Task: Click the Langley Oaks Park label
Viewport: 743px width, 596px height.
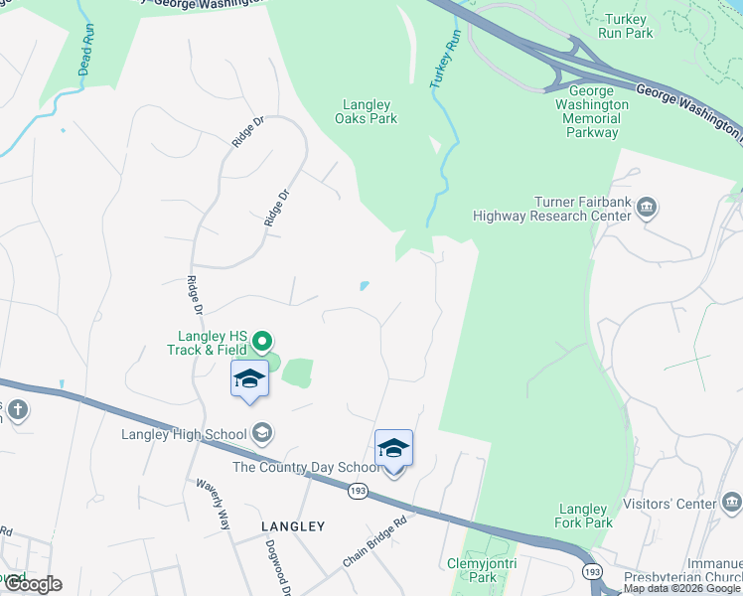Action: coord(370,111)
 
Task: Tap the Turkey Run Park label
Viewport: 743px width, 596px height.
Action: coord(625,25)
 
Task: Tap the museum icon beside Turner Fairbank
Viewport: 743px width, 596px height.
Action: coord(647,208)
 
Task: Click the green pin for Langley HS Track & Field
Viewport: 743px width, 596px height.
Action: coord(262,342)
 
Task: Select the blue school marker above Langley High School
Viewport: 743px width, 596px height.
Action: coord(249,379)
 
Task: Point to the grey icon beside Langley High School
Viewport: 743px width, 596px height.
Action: coord(262,432)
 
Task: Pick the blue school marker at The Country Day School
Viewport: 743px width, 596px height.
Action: coord(393,449)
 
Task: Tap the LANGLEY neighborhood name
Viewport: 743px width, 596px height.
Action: coord(293,524)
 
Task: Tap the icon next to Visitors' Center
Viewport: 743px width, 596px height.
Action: coord(732,501)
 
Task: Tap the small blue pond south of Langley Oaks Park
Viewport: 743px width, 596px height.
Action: coord(365,286)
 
